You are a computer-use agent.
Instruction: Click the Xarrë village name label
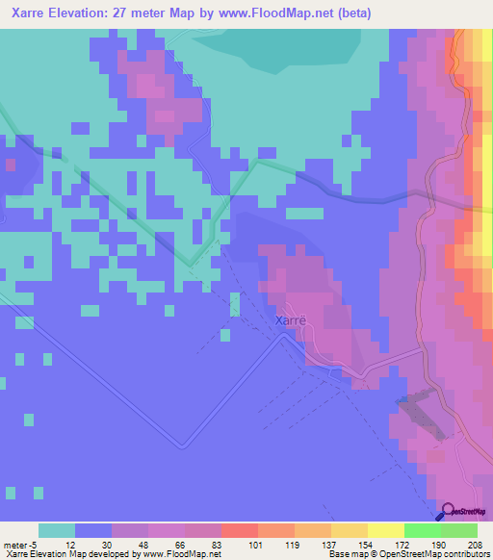[291, 320]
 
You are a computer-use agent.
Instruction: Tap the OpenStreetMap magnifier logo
[449, 511]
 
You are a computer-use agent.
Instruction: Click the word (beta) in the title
[350, 13]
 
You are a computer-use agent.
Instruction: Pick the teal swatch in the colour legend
[57, 530]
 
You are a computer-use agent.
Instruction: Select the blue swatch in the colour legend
[93, 530]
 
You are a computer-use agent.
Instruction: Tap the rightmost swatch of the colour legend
[459, 530]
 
